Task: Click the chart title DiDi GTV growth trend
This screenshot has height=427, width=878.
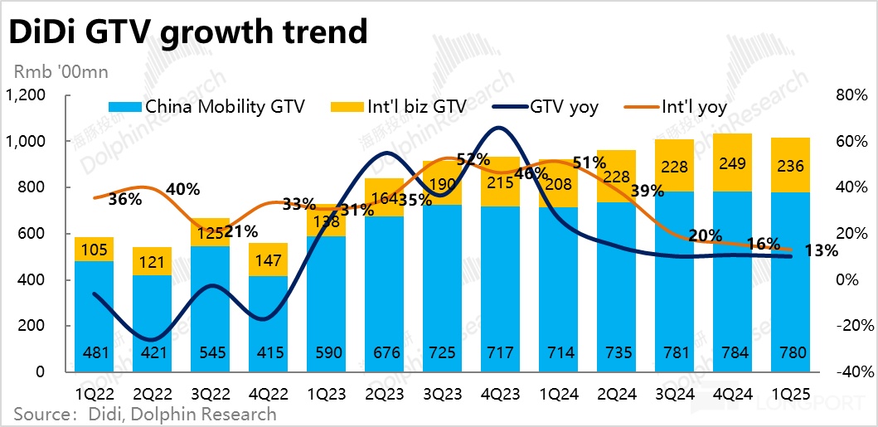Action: click(x=187, y=32)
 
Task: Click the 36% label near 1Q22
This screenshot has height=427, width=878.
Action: click(x=125, y=200)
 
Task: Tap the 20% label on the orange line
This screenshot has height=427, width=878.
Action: click(x=705, y=235)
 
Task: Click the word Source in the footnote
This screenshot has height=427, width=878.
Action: click(x=39, y=413)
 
